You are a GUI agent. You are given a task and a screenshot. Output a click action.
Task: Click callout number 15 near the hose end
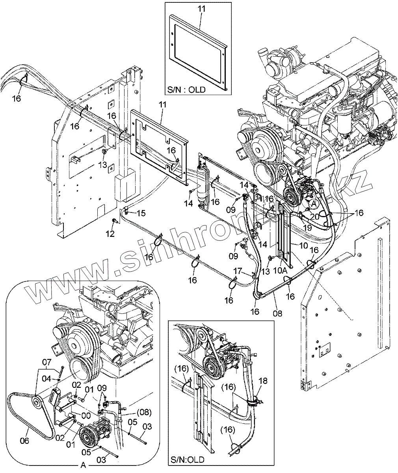click(x=141, y=213)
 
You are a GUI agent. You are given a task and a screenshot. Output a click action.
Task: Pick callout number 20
click(x=314, y=216)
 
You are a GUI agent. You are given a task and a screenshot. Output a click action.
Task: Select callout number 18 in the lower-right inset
click(x=263, y=381)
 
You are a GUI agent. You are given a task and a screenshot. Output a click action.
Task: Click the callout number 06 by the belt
click(x=24, y=441)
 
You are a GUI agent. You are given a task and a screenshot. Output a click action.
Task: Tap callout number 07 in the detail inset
click(x=47, y=361)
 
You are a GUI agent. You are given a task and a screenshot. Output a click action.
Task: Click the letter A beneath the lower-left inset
click(x=83, y=466)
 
